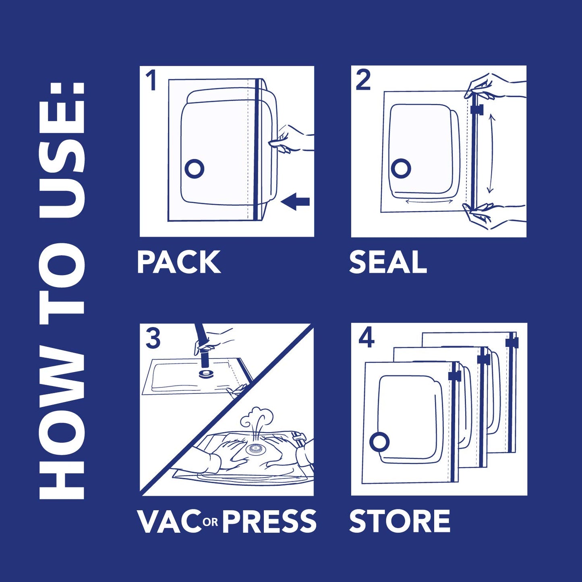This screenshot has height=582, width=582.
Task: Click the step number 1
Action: (151, 80)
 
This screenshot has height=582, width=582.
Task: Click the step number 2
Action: (363, 80)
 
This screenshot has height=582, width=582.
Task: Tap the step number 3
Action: (153, 339)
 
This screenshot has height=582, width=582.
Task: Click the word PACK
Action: (179, 262)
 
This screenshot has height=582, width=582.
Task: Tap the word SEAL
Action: (388, 262)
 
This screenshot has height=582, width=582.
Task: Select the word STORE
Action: (400, 521)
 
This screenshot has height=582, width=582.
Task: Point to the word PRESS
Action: (269, 521)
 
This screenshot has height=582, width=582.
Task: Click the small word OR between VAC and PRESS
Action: (211, 522)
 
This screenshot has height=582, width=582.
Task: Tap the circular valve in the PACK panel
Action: (194, 169)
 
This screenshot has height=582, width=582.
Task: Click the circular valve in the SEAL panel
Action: (401, 169)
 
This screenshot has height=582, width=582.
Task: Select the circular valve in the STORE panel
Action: (379, 443)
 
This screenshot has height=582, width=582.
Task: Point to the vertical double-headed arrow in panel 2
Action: (490, 153)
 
